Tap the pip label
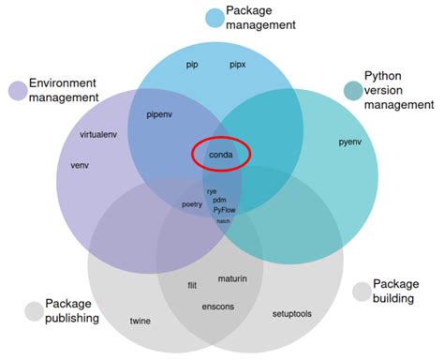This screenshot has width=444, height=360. (x=194, y=66)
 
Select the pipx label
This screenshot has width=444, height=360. (x=238, y=66)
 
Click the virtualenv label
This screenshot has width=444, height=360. (x=101, y=134)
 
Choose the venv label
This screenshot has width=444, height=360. (x=80, y=165)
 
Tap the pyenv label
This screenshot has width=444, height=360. (x=350, y=143)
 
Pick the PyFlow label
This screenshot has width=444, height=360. (x=225, y=210)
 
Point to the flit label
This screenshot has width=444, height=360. (x=192, y=285)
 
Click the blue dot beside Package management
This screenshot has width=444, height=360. (x=215, y=17)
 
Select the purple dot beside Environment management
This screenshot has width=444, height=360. (x=18, y=90)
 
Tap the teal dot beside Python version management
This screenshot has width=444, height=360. (x=352, y=90)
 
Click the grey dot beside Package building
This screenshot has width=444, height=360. (x=362, y=292)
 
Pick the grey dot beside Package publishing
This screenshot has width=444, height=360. (x=34, y=310)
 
